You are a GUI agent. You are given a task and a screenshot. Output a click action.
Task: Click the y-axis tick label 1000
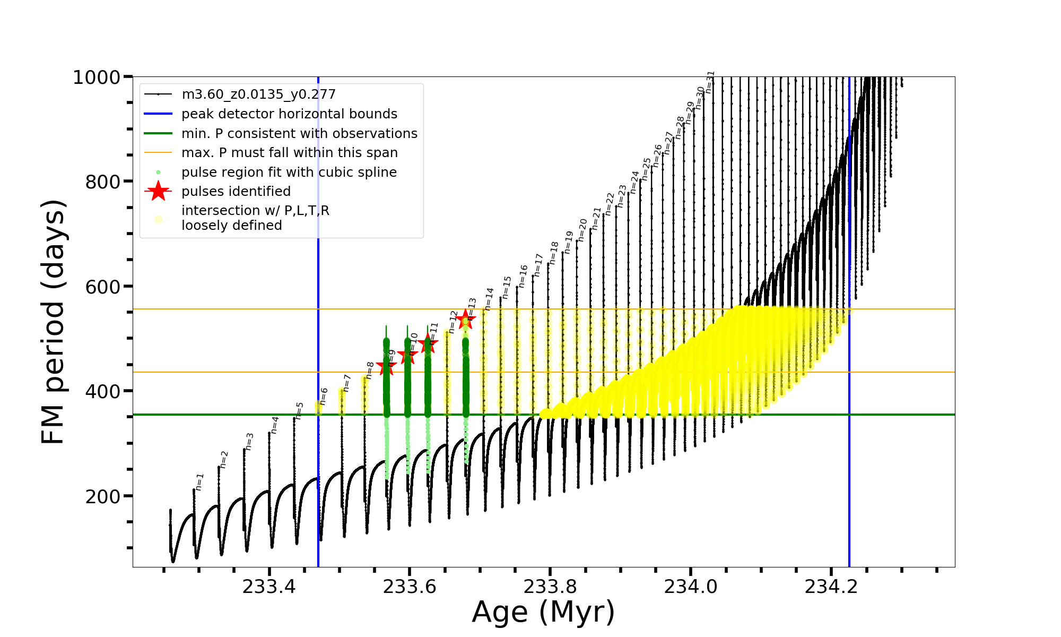pyautogui.click(x=97, y=78)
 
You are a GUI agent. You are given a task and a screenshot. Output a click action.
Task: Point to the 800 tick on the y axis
pyautogui.click(x=102, y=182)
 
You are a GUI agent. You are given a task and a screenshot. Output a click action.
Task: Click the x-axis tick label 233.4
pyautogui.click(x=269, y=587)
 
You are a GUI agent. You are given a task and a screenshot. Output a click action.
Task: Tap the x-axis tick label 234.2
pyautogui.click(x=831, y=587)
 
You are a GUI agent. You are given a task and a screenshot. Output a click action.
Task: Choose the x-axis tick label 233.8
pyautogui.click(x=550, y=587)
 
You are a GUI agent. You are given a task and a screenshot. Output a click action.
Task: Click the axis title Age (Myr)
pyautogui.click(x=543, y=612)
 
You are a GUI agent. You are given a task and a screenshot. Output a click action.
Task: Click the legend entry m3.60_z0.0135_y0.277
pyautogui.click(x=258, y=94)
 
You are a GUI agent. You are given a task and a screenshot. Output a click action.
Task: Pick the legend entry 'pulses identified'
pyautogui.click(x=236, y=192)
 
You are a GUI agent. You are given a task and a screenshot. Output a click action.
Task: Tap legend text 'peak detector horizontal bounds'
pyautogui.click(x=289, y=114)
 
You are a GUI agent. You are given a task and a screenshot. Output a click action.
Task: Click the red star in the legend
pyautogui.click(x=158, y=191)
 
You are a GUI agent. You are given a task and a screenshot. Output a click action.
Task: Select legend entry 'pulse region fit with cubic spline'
pyautogui.click(x=289, y=173)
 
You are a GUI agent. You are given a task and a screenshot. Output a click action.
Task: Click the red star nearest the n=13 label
pyautogui.click(x=465, y=320)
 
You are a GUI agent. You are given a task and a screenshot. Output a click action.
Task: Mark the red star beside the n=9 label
pyautogui.click(x=386, y=366)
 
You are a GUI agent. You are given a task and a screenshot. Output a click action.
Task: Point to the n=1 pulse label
pyautogui.click(x=199, y=481)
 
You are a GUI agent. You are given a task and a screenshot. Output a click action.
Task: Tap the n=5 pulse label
pyautogui.click(x=300, y=411)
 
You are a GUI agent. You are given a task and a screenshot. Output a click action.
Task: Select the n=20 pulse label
pyautogui.click(x=582, y=230)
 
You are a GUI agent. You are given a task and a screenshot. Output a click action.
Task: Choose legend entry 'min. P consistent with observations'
pyautogui.click(x=299, y=134)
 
